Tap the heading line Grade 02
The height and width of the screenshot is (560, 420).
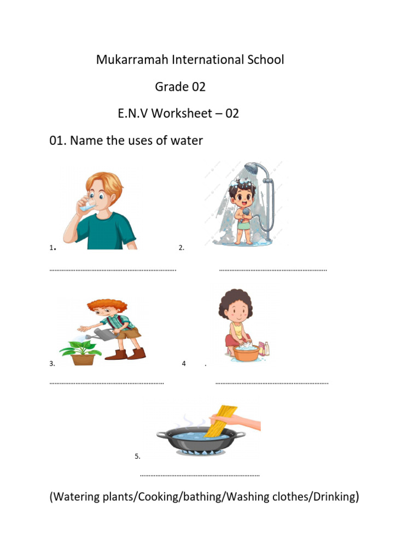click(180, 86)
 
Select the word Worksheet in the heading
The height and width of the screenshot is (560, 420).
click(180, 113)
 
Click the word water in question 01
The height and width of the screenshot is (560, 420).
click(185, 141)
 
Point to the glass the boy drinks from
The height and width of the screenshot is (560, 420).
click(85, 207)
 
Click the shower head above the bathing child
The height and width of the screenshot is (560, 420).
click(252, 168)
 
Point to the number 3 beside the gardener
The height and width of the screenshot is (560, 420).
click(52, 363)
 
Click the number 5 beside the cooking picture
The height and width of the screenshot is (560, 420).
click(137, 456)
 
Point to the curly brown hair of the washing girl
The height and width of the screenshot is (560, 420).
click(236, 301)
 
